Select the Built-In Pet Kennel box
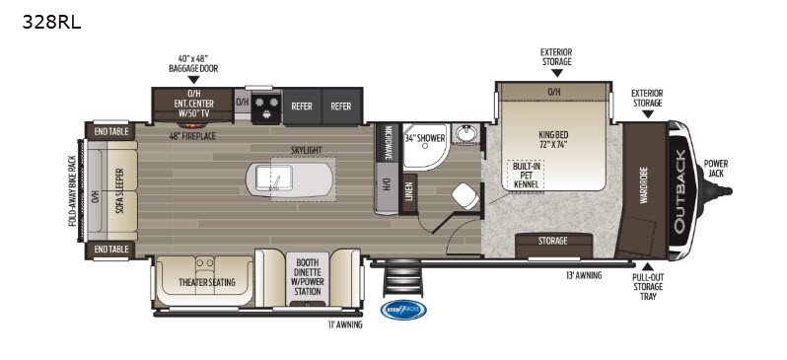click(x=525, y=176)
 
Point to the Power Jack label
click(x=718, y=168)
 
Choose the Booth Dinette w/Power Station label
click(x=307, y=277)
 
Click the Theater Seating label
click(x=207, y=282)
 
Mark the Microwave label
click(x=390, y=144)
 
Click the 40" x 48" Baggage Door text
click(x=193, y=64)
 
